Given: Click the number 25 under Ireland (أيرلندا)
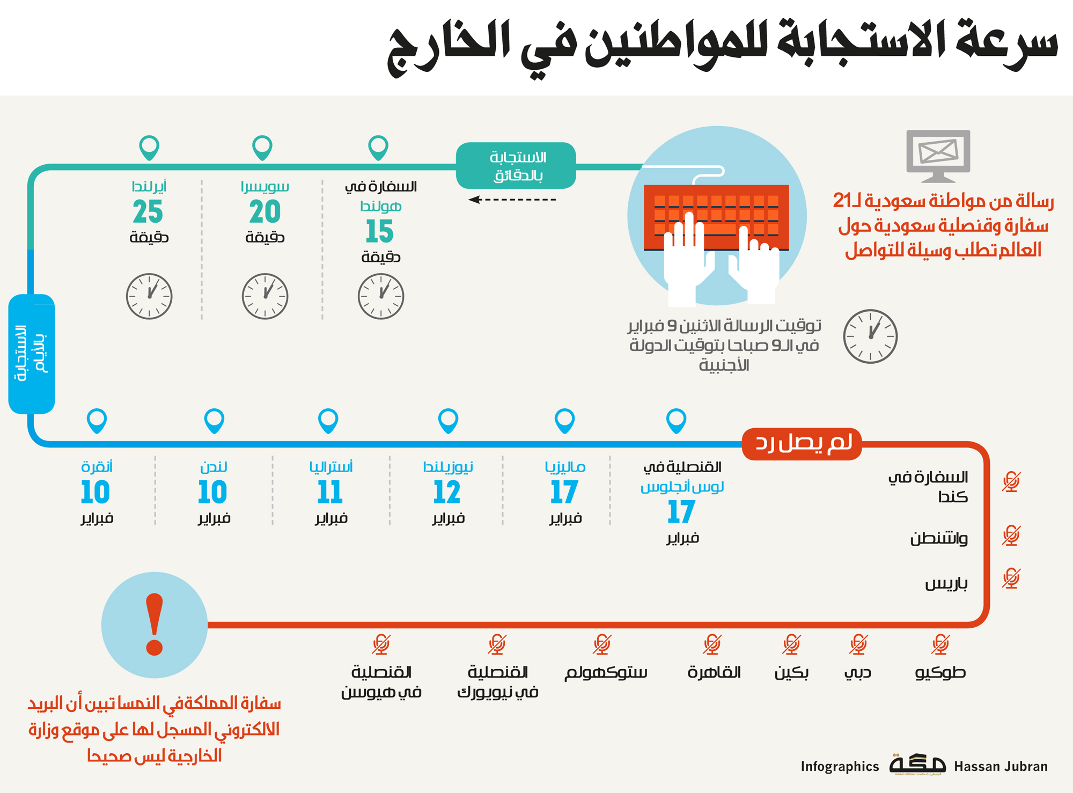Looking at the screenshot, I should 148,212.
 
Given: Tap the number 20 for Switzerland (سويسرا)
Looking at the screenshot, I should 264,212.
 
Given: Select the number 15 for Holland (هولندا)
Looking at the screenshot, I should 380,232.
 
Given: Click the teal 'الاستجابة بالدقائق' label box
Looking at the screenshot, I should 516,166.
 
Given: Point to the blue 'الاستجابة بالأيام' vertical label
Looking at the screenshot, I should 32,354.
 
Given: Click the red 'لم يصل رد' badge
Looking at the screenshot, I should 802,444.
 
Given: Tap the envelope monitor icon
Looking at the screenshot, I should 938,155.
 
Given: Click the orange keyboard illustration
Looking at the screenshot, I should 716,217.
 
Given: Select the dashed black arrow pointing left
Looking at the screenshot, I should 512,200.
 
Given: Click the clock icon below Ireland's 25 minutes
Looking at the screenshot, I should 149,296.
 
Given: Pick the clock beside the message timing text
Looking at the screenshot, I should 870,336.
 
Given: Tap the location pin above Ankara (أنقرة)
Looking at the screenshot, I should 97,420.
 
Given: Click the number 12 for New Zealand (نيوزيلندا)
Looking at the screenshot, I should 447,493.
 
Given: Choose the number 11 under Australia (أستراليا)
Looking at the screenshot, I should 330,493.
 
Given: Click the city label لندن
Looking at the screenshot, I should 214,467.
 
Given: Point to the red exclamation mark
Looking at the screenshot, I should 155,625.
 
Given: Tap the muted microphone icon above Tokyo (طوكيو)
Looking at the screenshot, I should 940,644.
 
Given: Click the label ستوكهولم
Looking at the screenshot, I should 606,673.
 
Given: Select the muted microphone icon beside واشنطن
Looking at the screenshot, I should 1011,535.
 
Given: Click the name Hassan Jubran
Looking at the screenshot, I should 1001,767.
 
